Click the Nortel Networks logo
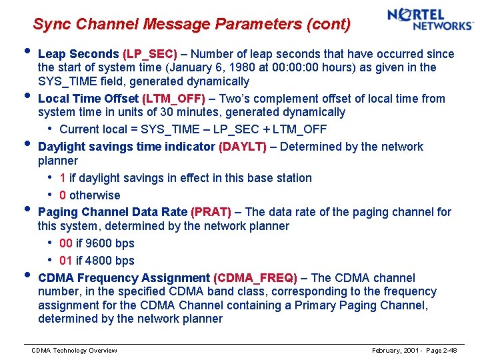(430, 19)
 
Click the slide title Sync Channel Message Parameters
(191, 25)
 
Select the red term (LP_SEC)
(150, 54)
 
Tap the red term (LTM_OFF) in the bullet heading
(167, 99)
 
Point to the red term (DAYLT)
(243, 147)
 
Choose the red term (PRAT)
(211, 212)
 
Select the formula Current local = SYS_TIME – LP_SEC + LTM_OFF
(193, 129)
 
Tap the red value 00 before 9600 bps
(66, 243)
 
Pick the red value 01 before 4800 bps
(66, 261)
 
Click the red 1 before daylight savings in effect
(62, 178)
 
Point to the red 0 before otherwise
(62, 195)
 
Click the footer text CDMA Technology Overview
(75, 351)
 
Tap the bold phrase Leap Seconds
(79, 54)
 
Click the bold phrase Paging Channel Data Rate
(113, 212)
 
